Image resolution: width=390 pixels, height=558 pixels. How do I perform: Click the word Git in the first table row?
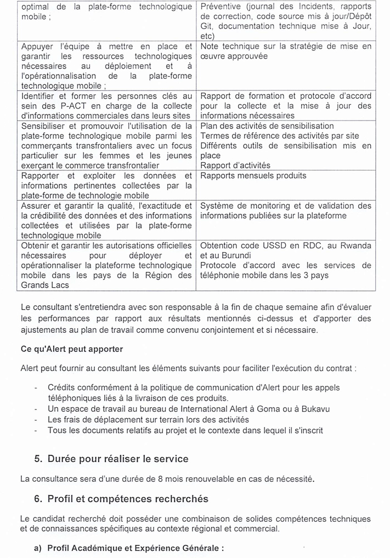point(207,27)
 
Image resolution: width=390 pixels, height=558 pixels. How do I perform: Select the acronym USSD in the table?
point(268,245)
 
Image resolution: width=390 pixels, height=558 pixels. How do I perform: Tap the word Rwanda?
point(355,245)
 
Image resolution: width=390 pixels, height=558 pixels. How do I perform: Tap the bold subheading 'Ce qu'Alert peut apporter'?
point(72,349)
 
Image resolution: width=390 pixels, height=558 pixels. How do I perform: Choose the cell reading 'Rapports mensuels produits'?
point(253,176)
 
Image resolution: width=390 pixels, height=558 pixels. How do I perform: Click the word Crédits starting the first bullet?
point(62,388)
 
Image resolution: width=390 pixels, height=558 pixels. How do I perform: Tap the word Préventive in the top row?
point(221,7)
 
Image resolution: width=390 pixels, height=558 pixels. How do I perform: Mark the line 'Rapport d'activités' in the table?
point(235,166)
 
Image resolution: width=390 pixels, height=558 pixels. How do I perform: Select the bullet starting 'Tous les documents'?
point(185,430)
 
